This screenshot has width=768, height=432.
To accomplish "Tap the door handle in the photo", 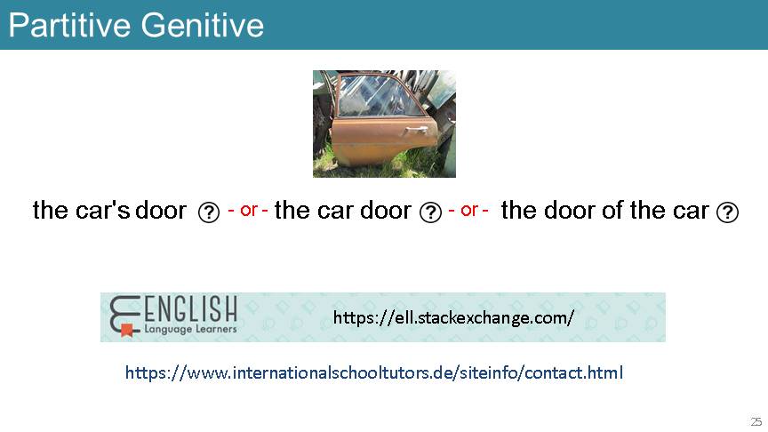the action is tap(414, 130).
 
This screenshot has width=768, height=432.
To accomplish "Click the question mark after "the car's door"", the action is tap(209, 212).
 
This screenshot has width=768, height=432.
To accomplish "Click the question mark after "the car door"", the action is tap(430, 212).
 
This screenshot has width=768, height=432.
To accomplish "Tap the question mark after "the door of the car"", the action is tap(727, 212).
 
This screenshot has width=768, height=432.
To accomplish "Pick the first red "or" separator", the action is tap(248, 210).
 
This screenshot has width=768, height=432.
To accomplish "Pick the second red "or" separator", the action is tap(468, 210).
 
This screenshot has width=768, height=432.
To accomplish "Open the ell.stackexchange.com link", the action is tap(453, 317).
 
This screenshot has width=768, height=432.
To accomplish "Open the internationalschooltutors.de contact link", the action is tap(374, 372).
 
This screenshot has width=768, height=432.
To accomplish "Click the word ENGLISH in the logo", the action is tap(190, 309).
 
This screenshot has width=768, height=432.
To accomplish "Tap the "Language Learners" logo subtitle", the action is tap(190, 329).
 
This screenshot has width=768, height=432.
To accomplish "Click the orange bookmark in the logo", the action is tap(127, 330).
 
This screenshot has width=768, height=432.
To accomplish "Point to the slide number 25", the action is tap(756, 421).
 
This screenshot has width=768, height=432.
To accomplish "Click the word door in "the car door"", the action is tap(386, 210).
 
